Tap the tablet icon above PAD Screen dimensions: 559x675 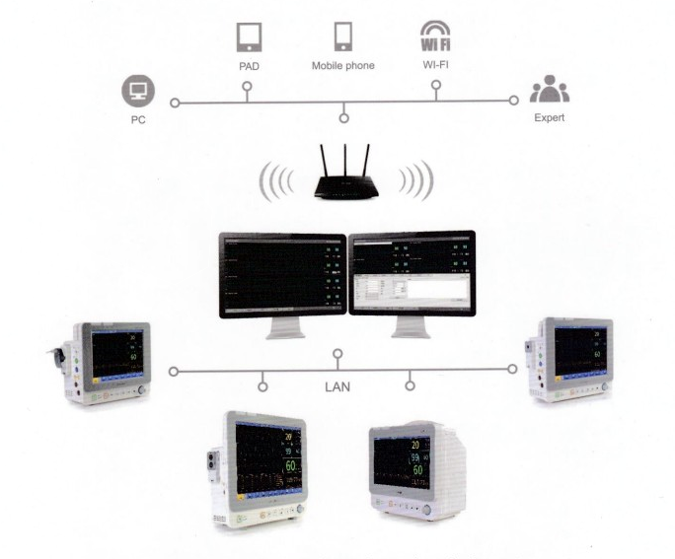pos(248,37)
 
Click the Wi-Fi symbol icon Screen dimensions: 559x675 pos(435,38)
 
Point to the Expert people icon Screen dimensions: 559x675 pos(549,93)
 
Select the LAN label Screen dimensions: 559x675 pos(337,386)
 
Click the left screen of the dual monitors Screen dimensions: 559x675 pos(283,274)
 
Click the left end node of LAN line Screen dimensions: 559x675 pos(175,372)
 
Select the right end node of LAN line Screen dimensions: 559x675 pos(512,370)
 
